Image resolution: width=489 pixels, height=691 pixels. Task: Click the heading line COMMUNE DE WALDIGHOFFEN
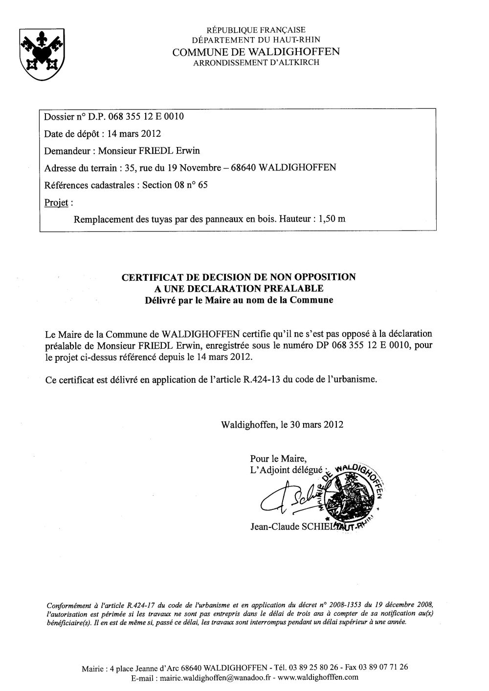click(256, 52)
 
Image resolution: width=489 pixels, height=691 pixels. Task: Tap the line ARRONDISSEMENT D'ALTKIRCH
click(256, 63)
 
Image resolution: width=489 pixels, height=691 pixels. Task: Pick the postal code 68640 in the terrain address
click(240, 168)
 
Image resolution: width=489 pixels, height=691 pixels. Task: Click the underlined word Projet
click(55, 202)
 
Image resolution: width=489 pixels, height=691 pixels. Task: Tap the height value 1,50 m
click(332, 219)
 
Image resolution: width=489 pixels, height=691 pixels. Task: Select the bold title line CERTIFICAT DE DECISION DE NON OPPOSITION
click(239, 277)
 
